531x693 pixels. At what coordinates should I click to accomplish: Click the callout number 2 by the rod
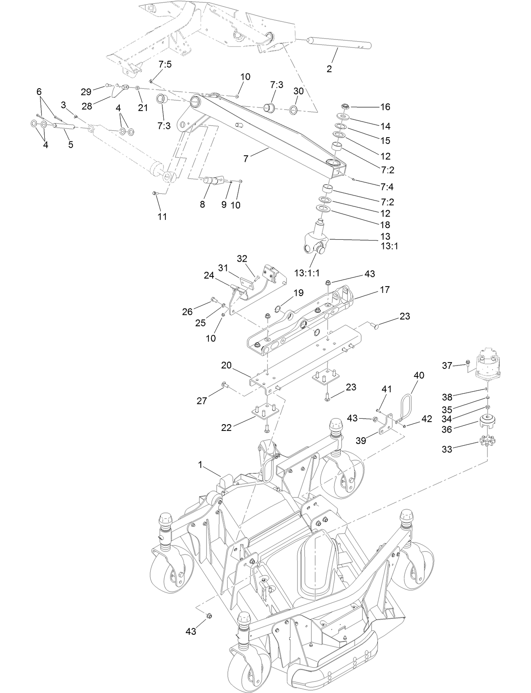point(329,69)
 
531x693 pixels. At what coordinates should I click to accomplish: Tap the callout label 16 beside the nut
point(385,107)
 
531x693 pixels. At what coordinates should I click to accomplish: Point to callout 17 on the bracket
point(385,290)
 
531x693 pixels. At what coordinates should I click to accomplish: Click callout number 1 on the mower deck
point(201,465)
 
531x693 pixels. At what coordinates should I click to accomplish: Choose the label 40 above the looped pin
point(419,375)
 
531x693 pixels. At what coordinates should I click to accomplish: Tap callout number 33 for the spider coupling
point(447,449)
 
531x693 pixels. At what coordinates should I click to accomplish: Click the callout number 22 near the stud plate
point(226,428)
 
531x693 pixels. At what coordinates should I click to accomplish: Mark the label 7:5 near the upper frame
point(165,64)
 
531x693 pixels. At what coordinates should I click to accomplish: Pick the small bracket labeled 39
point(384,427)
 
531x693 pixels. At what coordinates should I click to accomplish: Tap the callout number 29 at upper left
point(86,92)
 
